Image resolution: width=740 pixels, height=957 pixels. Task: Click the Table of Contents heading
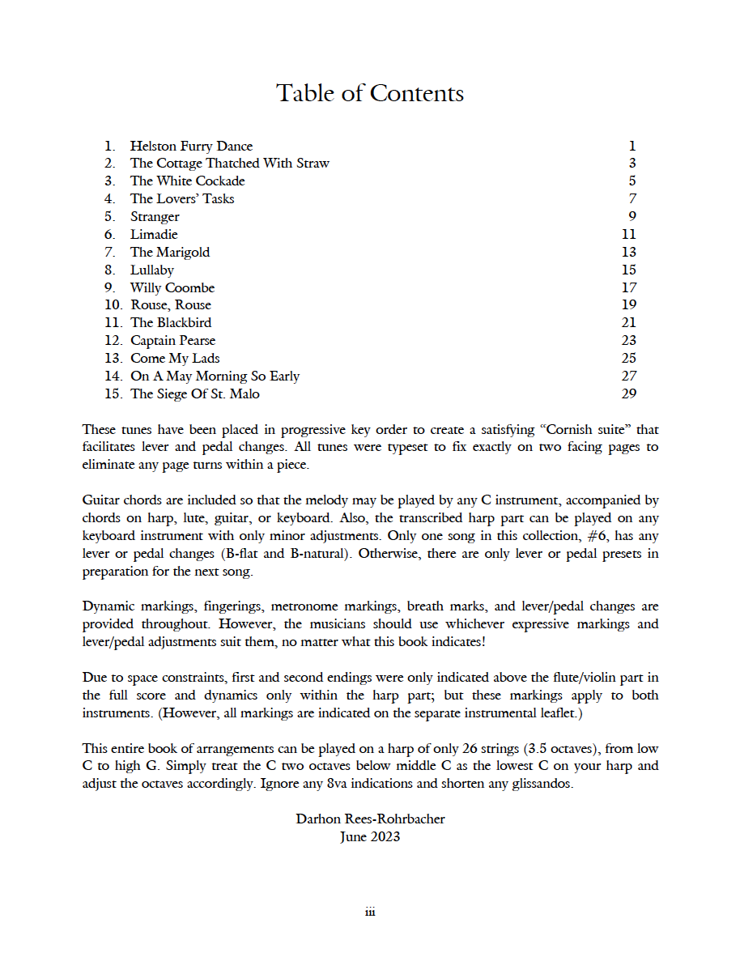[370, 93]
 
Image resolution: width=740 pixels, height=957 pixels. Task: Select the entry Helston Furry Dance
[191, 147]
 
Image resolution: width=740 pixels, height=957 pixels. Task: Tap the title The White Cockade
[187, 181]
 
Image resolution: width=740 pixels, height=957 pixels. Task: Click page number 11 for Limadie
[629, 235]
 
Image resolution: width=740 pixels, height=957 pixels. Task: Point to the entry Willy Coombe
[172, 288]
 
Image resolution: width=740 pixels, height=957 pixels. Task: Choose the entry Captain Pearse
[172, 341]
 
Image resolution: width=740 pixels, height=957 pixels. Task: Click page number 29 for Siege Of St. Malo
[629, 394]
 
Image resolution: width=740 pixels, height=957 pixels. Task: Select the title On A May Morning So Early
[215, 376]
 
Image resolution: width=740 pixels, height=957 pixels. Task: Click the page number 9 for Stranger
[632, 217]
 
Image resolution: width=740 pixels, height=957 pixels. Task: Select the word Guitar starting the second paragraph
[101, 500]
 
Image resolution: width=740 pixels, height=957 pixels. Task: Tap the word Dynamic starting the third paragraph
[108, 606]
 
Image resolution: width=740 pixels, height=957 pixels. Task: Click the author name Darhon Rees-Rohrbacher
[370, 819]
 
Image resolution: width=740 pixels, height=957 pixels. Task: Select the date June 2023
[370, 836]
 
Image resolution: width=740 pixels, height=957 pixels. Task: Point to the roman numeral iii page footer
[370, 912]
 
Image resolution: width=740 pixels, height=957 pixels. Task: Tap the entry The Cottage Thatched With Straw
[230, 164]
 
